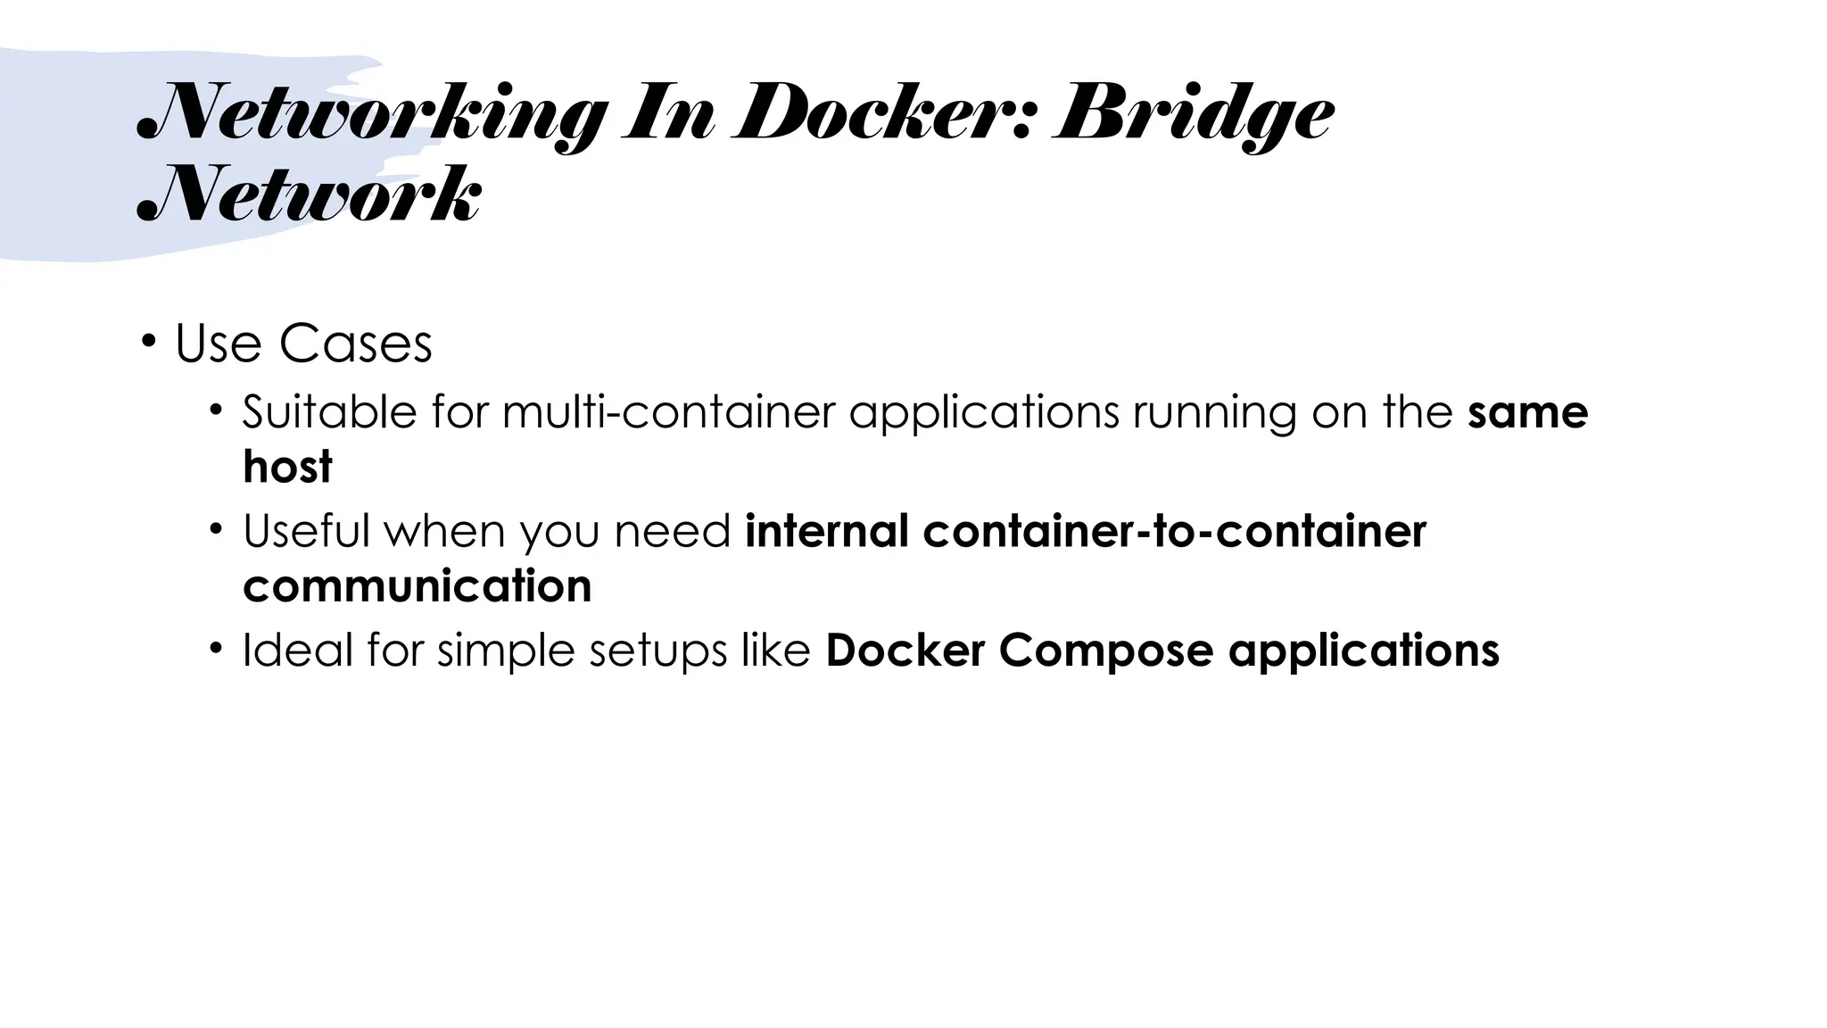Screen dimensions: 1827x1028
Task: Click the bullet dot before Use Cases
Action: click(148, 341)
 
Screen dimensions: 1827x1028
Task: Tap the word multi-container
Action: click(668, 412)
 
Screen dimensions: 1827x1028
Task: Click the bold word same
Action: click(1527, 412)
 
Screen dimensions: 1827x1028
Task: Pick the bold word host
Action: click(287, 467)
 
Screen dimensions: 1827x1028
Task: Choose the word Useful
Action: click(306, 531)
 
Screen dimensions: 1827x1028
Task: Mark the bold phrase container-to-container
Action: click(1175, 531)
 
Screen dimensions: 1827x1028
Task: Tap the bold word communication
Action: click(417, 586)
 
